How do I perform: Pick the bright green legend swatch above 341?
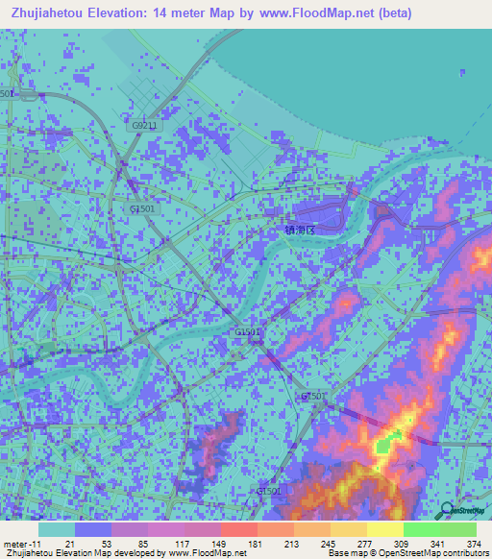pos(422,529)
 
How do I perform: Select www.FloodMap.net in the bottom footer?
pos(200,553)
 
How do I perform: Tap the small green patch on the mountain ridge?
pos(385,445)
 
